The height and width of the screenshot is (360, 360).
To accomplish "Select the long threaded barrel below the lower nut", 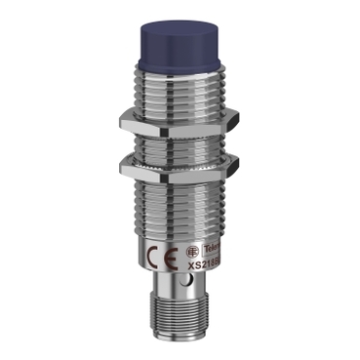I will point(180,195).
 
